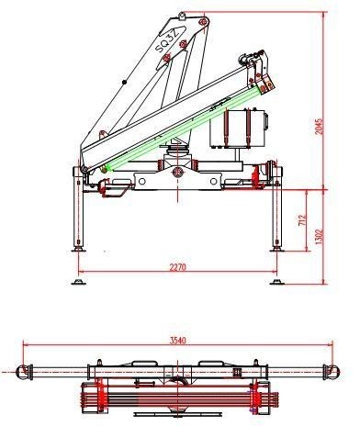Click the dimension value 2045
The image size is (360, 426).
319,126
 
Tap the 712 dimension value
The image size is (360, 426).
302,220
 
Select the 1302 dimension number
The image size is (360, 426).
319,237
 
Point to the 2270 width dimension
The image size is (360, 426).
177,267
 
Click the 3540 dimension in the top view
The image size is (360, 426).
178,341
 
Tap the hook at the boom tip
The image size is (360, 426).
244,58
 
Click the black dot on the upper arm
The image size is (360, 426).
124,82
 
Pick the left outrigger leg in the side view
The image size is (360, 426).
78,209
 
